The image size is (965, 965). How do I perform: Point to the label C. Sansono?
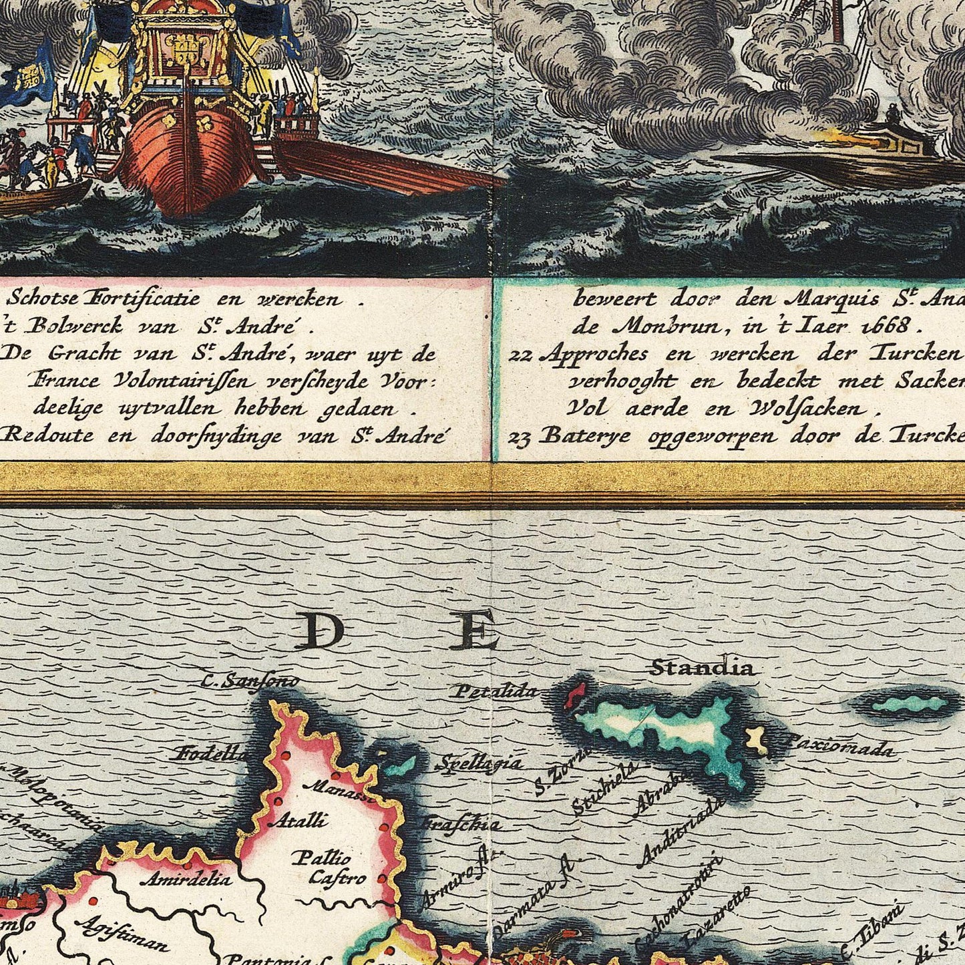(x=250, y=682)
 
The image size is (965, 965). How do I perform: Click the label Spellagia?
(x=479, y=763)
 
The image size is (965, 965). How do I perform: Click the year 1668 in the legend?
(x=883, y=326)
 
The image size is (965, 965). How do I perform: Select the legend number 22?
(x=520, y=355)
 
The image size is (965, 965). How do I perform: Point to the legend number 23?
(x=520, y=437)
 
